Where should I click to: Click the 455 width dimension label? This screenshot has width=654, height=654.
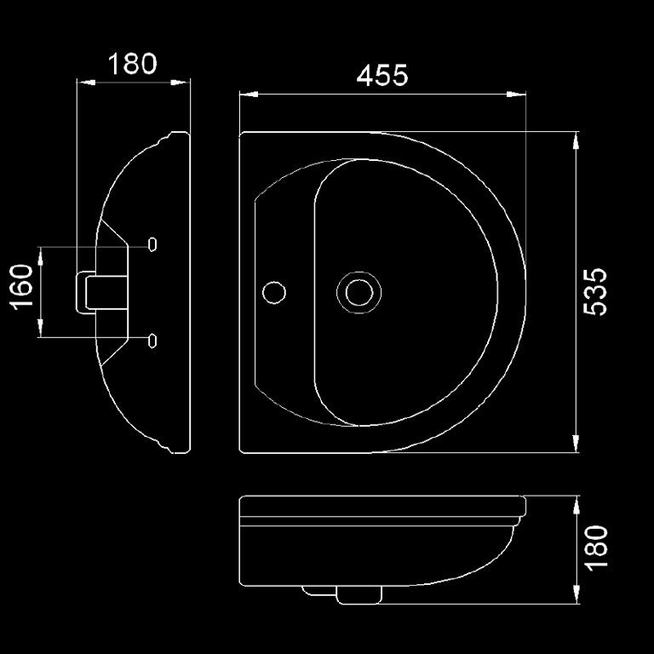tap(382, 76)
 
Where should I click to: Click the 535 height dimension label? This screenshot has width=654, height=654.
tap(597, 291)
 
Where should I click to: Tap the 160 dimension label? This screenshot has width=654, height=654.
tap(22, 290)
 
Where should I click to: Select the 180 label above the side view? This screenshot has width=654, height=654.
tap(133, 65)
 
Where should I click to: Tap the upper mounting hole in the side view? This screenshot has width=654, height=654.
tap(152, 244)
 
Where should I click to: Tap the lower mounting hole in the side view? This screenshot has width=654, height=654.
tap(152, 340)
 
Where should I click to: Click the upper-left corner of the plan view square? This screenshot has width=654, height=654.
tap(241, 133)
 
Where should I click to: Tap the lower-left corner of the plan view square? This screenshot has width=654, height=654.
tap(241, 450)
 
